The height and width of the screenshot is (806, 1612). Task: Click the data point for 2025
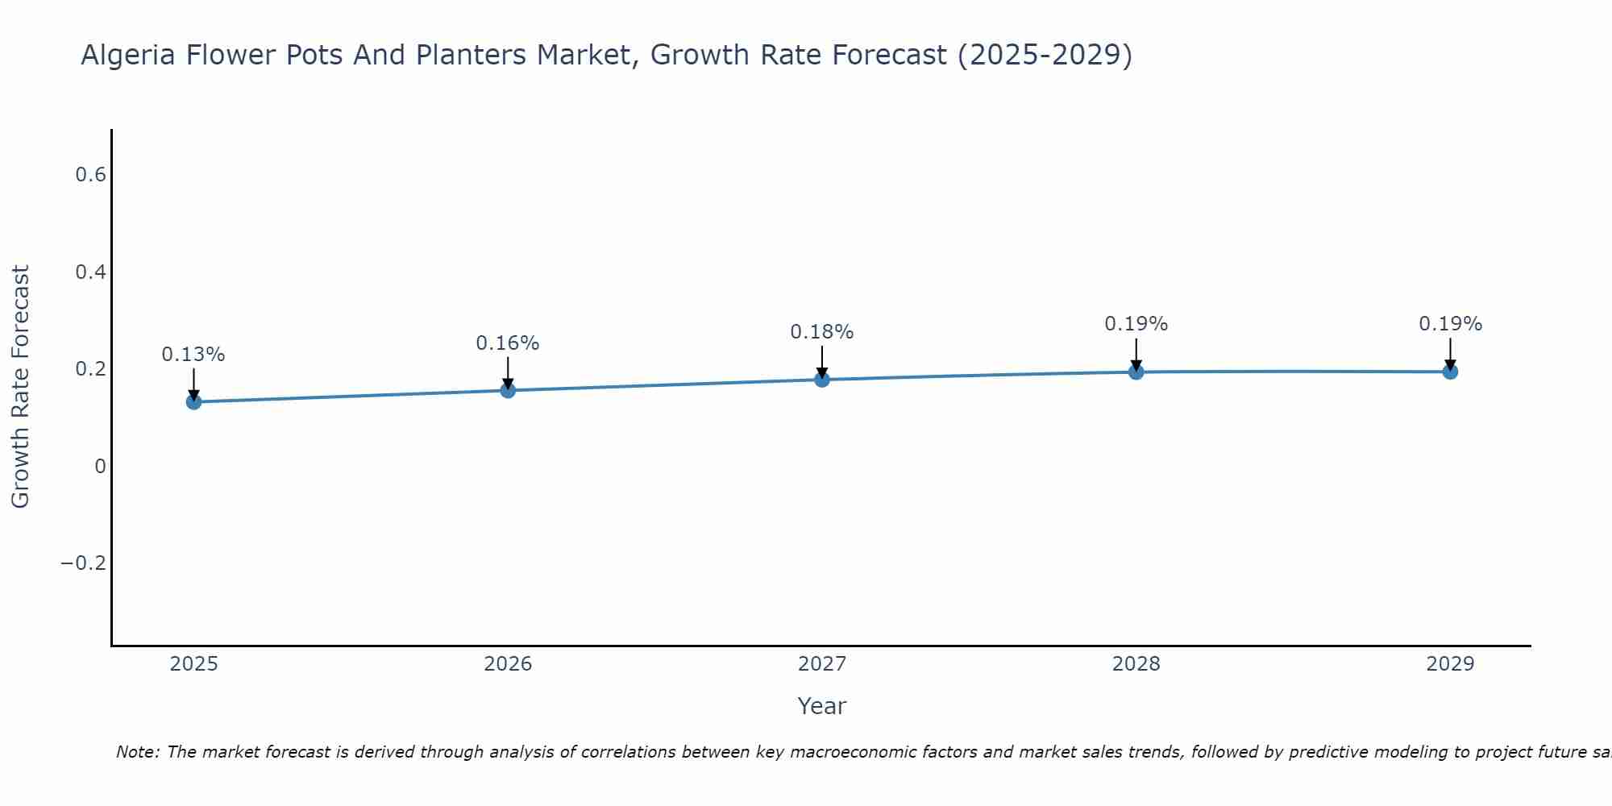coord(193,401)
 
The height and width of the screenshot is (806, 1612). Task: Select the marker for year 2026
coord(508,390)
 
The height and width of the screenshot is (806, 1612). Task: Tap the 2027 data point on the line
coord(822,379)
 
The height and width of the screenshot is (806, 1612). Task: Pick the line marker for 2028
coord(1136,372)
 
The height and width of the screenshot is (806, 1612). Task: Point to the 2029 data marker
coord(1450,372)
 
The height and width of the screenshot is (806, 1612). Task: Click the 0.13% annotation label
coord(193,355)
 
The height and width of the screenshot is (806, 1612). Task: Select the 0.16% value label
coord(508,343)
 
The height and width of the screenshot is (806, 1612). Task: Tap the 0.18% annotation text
coord(822,332)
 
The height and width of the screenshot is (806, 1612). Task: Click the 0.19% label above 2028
coord(1136,324)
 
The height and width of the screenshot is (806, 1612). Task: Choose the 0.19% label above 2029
coord(1450,324)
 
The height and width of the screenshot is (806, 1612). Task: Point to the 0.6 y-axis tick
coord(90,175)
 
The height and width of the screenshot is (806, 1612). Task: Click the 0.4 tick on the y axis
coord(90,272)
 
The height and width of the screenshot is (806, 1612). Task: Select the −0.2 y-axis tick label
coord(84,563)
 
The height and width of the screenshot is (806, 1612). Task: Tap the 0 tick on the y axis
coord(100,466)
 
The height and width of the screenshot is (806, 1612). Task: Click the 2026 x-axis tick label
coord(508,664)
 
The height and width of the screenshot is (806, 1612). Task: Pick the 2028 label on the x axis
coord(1136,664)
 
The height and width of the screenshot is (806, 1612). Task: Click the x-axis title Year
coord(821,706)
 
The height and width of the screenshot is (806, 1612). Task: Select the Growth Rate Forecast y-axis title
coord(20,386)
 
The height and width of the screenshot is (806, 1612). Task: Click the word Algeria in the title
coord(130,55)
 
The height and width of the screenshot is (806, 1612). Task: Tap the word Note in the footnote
coord(138,752)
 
